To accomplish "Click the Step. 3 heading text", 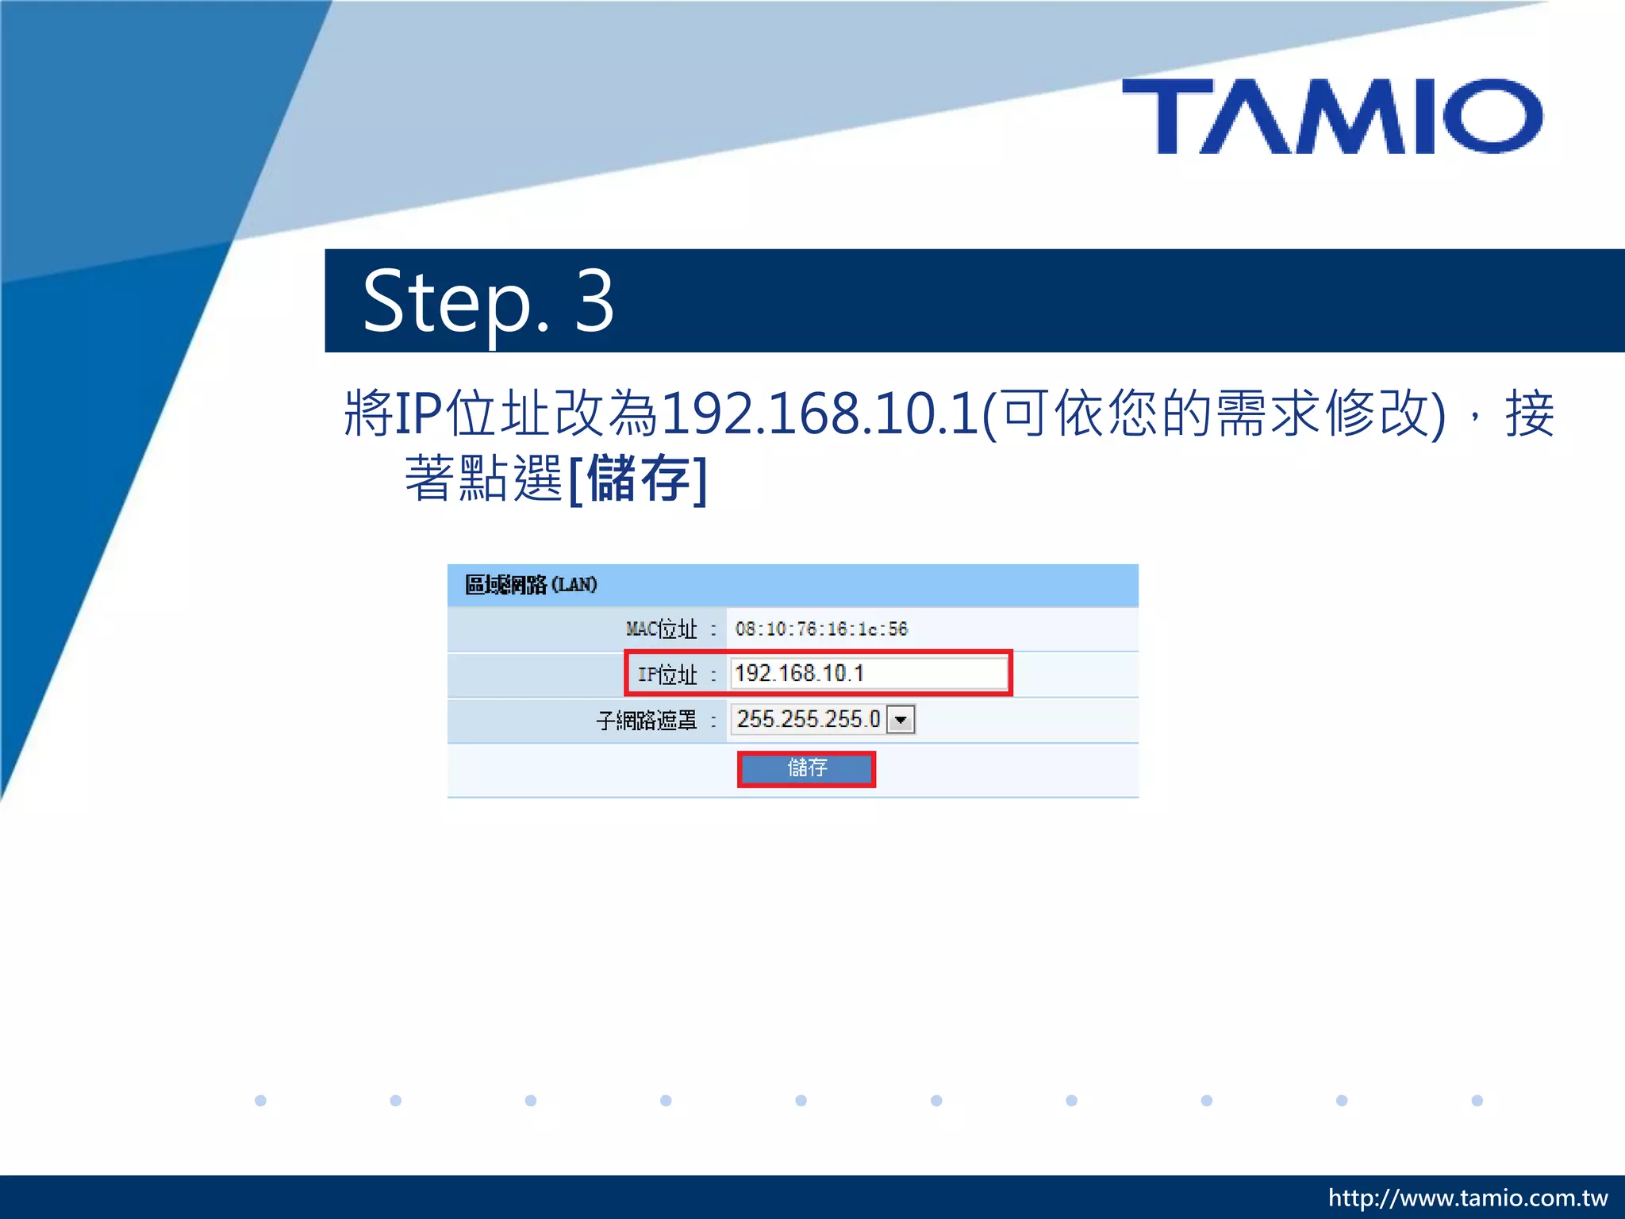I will click(x=487, y=302).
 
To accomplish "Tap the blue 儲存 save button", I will click(x=806, y=768).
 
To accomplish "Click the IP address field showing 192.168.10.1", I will click(x=868, y=674).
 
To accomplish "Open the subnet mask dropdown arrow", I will click(x=901, y=720).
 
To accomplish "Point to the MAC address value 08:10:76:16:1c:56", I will click(x=821, y=629).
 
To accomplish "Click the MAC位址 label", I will click(x=661, y=629).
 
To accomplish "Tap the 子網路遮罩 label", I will click(x=646, y=721).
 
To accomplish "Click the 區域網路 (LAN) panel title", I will click(x=530, y=585).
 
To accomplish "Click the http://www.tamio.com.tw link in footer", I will click(x=1467, y=1198).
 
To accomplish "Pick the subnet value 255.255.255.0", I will click(x=808, y=720).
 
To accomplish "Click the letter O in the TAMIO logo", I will click(x=1492, y=117).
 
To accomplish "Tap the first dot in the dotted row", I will click(x=260, y=1101).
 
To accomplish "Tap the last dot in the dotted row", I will click(x=1477, y=1101).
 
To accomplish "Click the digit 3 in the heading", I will click(x=594, y=302).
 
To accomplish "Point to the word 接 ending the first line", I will click(x=1529, y=413).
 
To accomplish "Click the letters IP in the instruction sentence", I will click(x=417, y=413).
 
